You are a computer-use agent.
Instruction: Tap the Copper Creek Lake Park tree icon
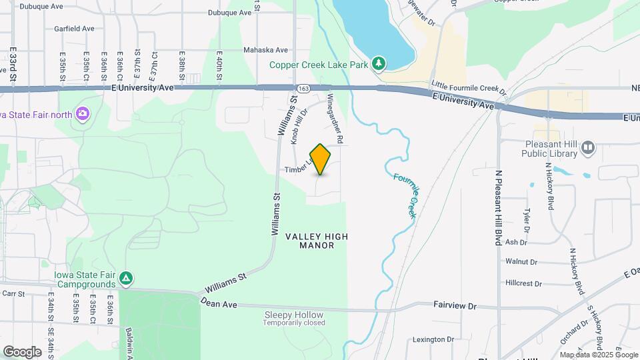[x=379, y=63]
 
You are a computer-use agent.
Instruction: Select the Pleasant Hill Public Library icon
[x=587, y=147]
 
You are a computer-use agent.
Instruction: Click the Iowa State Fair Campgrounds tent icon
[x=127, y=278]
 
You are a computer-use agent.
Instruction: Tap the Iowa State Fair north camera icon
[x=83, y=113]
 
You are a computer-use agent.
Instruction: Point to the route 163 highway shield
[x=303, y=88]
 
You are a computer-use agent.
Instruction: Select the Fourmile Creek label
[x=405, y=195]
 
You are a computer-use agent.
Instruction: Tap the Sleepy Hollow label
[x=294, y=315]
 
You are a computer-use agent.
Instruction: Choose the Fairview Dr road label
[x=455, y=306]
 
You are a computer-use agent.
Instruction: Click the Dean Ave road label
[x=219, y=304]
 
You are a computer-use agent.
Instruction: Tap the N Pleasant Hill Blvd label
[x=498, y=207]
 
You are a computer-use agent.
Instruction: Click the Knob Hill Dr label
[x=298, y=125]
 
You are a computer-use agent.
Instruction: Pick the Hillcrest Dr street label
[x=524, y=283]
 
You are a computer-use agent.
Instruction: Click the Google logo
[x=23, y=351]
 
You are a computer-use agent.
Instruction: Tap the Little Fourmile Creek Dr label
[x=469, y=87]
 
